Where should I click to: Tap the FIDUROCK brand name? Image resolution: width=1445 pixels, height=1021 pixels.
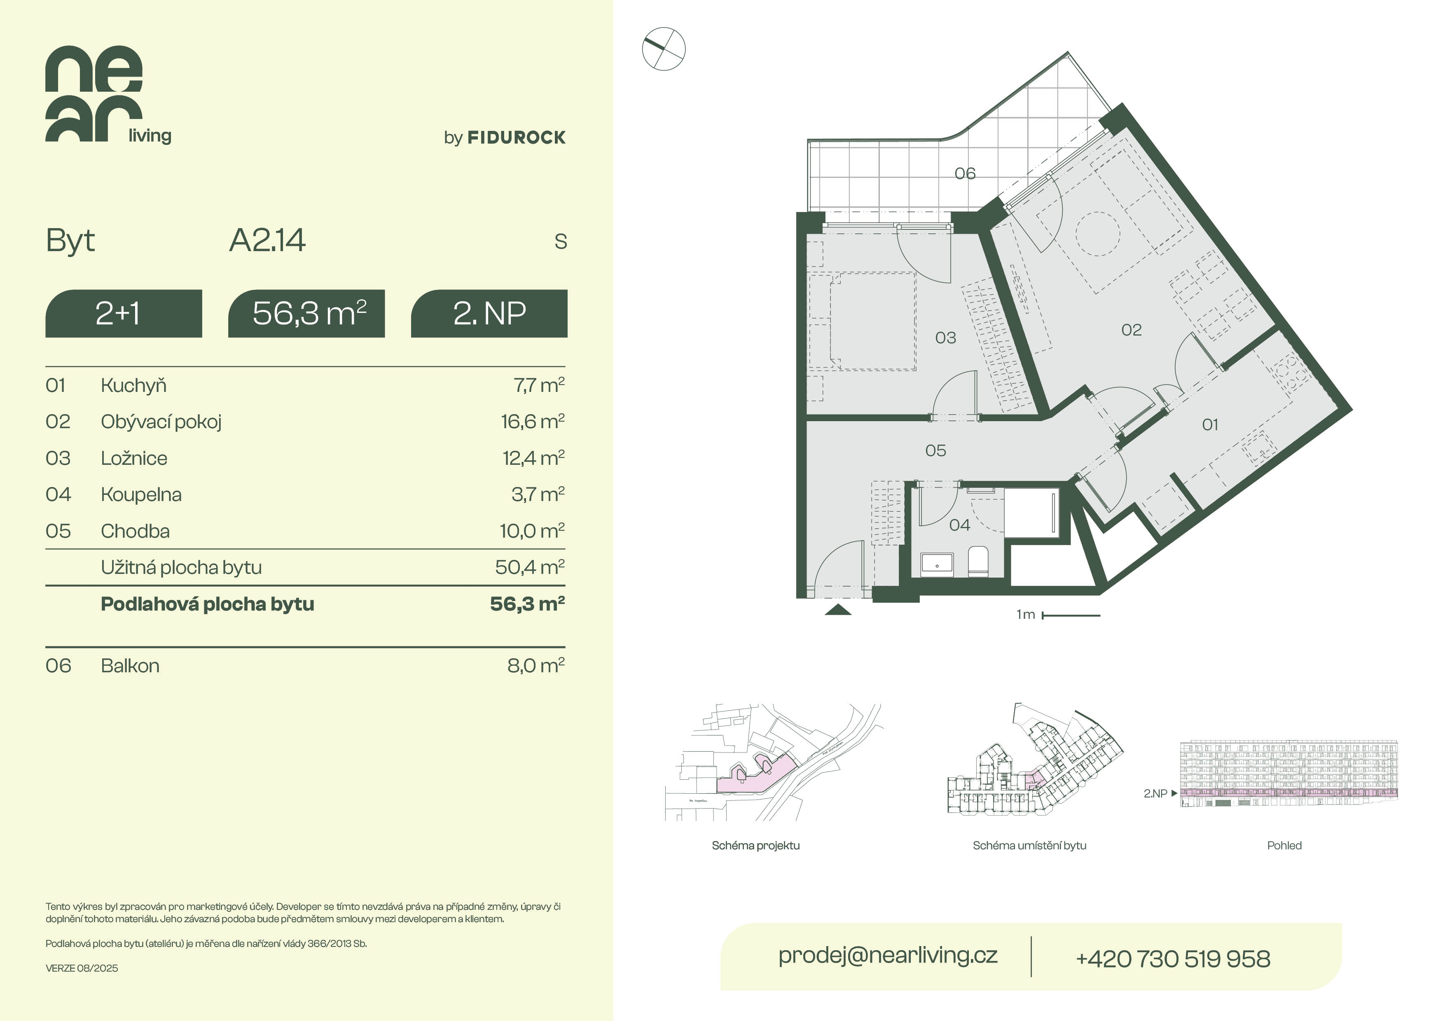click(x=516, y=138)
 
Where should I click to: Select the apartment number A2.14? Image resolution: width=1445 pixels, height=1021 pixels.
click(x=267, y=240)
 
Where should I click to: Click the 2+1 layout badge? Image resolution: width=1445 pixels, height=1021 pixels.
click(x=123, y=313)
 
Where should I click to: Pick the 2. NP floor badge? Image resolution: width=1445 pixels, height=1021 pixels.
click(x=489, y=313)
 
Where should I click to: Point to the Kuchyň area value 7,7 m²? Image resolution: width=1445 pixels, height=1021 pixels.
click(x=539, y=385)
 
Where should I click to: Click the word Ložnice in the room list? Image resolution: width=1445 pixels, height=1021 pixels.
click(x=134, y=458)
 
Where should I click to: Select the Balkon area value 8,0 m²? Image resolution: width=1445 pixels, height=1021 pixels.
click(x=535, y=666)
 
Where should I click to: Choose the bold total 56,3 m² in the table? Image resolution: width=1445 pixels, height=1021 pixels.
click(x=527, y=604)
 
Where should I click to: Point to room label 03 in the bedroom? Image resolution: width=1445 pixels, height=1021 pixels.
click(x=945, y=338)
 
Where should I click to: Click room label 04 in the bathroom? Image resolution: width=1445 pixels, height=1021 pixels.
click(x=959, y=524)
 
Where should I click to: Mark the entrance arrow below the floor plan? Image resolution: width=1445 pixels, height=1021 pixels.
click(x=838, y=610)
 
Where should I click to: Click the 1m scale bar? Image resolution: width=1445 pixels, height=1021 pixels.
click(x=1071, y=615)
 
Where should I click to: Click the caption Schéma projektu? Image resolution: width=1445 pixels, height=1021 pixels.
click(x=756, y=846)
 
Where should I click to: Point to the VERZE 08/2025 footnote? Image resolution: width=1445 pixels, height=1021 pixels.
click(x=82, y=968)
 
